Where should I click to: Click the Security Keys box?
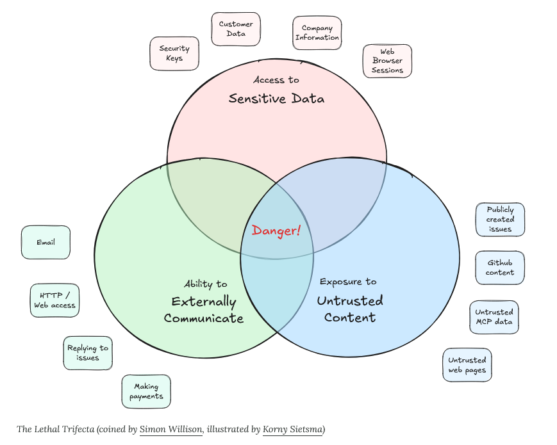[174, 53]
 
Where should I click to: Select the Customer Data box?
[236, 29]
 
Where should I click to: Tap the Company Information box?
[317, 33]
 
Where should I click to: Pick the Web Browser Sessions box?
[387, 61]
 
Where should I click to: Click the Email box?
[46, 243]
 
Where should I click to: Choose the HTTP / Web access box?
[54, 300]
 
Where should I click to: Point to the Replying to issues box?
[88, 353]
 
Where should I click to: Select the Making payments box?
[146, 391]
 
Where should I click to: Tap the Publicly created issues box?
[500, 219]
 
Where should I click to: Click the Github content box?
[500, 268]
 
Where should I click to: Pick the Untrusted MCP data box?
[494, 317]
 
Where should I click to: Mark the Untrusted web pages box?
[467, 365]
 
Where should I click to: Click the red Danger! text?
[276, 231]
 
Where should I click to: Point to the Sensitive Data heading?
[276, 99]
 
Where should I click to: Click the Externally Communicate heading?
[204, 310]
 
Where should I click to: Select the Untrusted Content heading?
[350, 309]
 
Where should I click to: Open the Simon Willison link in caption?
[171, 429]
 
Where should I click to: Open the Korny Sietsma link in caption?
[292, 429]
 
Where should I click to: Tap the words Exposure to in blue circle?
[348, 282]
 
